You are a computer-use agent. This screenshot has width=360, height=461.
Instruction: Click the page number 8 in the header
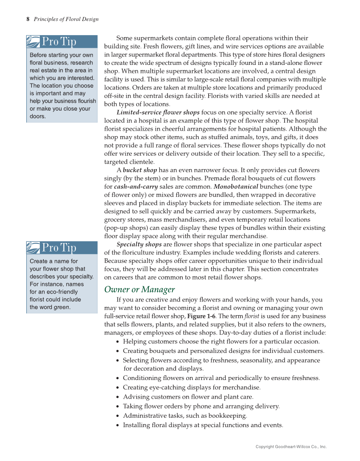[28, 19]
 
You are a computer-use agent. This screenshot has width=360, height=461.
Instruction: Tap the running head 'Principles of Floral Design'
[66, 19]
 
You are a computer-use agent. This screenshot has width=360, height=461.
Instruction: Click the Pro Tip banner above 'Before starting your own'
[61, 42]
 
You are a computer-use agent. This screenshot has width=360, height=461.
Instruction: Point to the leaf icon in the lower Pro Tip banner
[33, 247]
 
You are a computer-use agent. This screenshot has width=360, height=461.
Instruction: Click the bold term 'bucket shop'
[140, 170]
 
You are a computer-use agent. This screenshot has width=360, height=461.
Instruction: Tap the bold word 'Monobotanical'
[236, 186]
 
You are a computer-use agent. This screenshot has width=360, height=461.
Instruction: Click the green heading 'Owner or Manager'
[139, 290]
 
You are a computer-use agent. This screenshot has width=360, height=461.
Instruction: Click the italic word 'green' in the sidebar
[61, 307]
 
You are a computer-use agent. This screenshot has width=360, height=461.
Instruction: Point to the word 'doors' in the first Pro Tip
[37, 116]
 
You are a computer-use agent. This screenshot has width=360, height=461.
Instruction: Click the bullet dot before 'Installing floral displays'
[117, 425]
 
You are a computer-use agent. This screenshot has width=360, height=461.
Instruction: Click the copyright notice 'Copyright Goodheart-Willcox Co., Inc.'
[291, 447]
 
